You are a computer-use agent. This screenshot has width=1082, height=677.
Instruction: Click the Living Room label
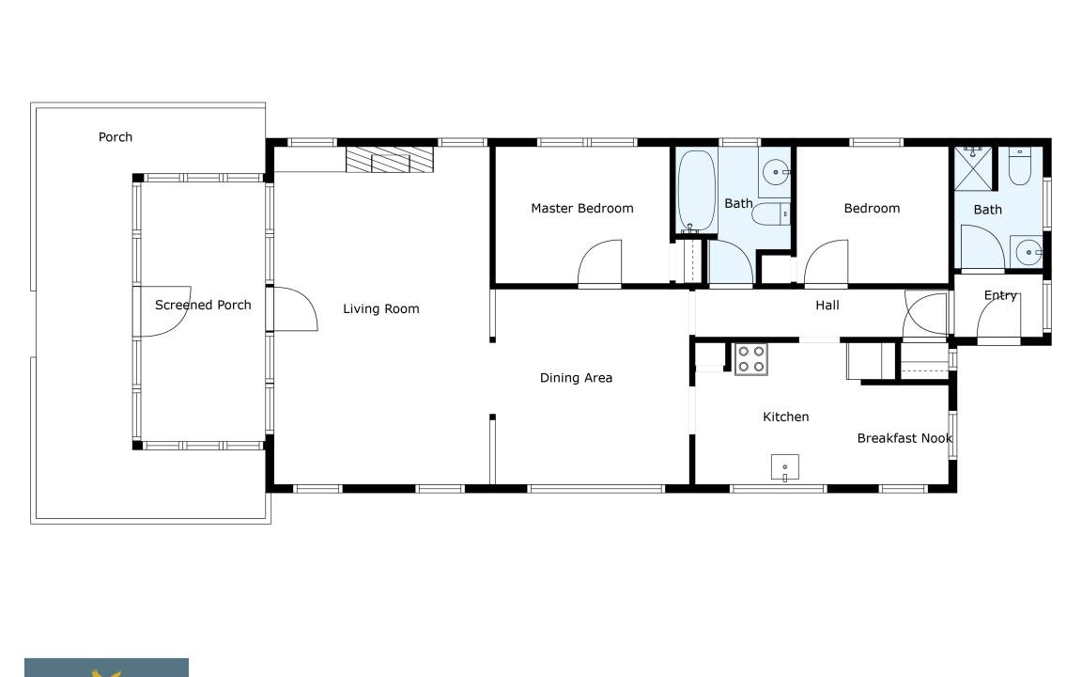381,308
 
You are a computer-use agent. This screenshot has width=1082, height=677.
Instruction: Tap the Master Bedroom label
581,208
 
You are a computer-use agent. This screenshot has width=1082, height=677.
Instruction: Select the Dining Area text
576,377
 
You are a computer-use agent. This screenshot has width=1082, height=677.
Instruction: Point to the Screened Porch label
203,305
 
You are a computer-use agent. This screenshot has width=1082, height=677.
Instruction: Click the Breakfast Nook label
904,438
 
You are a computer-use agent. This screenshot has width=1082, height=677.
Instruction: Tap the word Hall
827,305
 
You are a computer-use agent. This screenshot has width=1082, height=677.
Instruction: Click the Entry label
1000,295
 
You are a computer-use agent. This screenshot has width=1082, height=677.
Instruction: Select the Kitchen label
785,417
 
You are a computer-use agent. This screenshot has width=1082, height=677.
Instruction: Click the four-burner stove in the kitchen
750,358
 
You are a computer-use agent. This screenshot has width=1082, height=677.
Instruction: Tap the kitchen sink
784,467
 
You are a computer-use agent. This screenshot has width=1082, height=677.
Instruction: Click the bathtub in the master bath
696,191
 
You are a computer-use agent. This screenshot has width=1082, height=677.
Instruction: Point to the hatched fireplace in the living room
389,160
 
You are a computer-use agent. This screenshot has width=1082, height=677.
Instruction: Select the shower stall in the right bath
973,168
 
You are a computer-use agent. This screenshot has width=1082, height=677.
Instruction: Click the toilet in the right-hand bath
1019,165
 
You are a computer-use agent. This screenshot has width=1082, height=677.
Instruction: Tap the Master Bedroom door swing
599,262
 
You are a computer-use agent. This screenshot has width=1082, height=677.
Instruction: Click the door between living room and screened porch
295,308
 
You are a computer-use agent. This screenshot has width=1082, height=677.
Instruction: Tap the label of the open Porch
116,136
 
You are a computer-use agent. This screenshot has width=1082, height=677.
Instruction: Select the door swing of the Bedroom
826,262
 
